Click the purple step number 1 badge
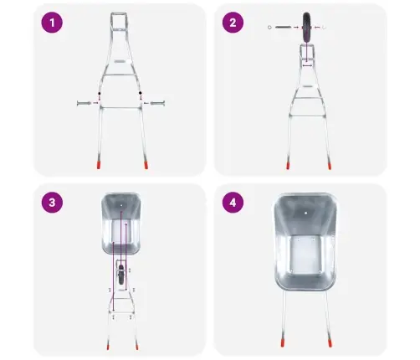pos(52,23)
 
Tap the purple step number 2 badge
pos(233,23)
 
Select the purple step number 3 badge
pos(52,203)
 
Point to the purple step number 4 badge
pos(233,203)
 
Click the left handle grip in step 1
pos(84,103)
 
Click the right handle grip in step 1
pos(157,103)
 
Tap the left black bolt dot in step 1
pos(99,93)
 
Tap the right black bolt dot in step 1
pos(141,93)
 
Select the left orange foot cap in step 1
pos(99,165)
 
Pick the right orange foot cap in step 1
pos(146,165)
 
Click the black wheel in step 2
pos(306,28)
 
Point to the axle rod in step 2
pos(283,28)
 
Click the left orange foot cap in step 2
pos(288,166)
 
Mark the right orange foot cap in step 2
pos(330,166)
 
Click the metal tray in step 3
pos(120,224)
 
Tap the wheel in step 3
pos(121,275)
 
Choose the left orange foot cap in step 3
pos(108,347)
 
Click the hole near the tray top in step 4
pos(306,213)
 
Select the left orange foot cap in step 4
pos(282,343)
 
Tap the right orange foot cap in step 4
pos(330,343)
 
